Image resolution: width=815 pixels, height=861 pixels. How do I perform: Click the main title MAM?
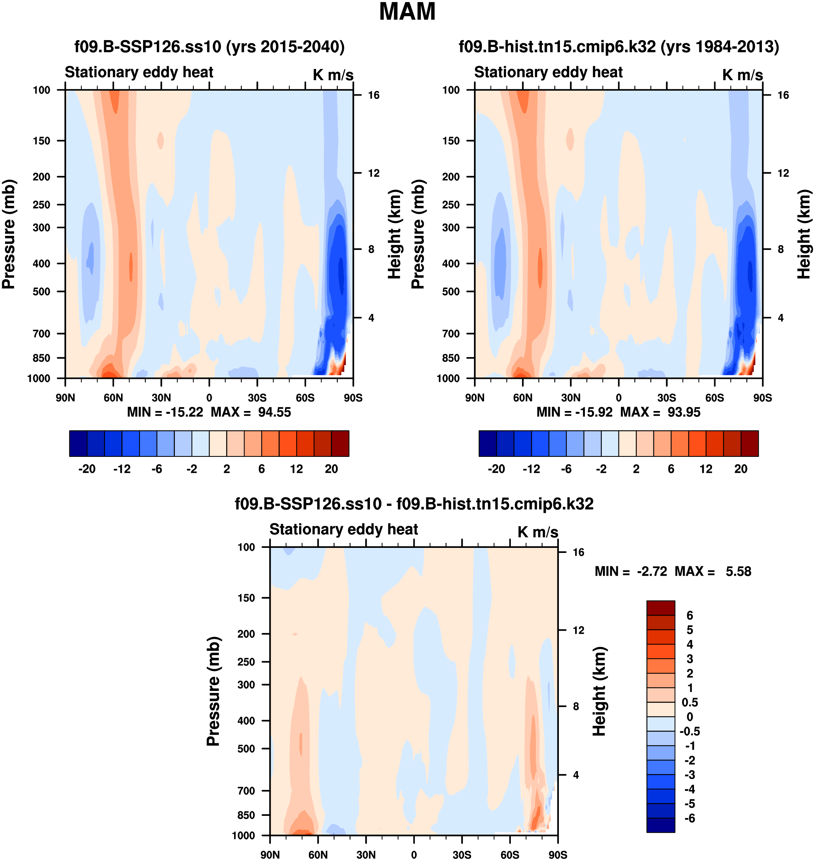pyautogui.click(x=407, y=12)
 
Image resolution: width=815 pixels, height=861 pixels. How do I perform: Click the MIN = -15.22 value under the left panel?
pyautogui.click(x=165, y=412)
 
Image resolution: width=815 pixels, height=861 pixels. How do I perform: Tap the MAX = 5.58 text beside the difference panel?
pyautogui.click(x=712, y=571)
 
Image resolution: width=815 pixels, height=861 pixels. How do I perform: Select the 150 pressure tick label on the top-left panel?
pyautogui.click(x=41, y=141)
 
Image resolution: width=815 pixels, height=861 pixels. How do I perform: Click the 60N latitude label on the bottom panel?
pyautogui.click(x=318, y=855)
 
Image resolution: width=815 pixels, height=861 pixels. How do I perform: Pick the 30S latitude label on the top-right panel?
pyautogui.click(x=667, y=398)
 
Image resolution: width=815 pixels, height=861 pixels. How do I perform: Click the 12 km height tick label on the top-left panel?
pyautogui.click(x=374, y=173)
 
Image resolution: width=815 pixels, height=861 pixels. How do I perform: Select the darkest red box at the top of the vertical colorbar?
pyautogui.click(x=660, y=608)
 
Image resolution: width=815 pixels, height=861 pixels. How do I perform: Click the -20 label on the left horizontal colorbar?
pyautogui.click(x=87, y=469)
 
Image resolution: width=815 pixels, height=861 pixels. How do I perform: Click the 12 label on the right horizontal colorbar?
pyautogui.click(x=706, y=469)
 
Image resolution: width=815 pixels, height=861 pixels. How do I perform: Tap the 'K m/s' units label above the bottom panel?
pyautogui.click(x=538, y=532)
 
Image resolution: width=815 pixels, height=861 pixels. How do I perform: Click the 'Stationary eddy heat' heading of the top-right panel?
pyautogui.click(x=548, y=72)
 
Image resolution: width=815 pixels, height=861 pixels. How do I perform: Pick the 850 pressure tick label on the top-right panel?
pyautogui.click(x=450, y=358)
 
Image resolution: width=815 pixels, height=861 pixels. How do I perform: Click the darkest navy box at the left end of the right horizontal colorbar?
pyautogui.click(x=487, y=444)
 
